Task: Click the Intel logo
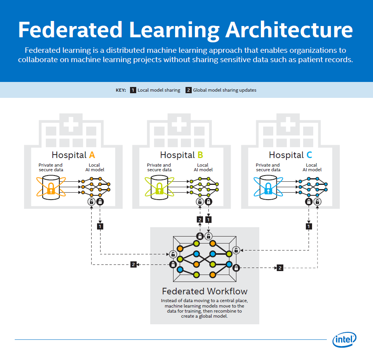pos(344,340)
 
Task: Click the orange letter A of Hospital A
pos(92,155)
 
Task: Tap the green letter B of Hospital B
pos(200,155)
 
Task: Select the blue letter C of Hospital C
pos(309,155)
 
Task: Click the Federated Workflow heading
pos(205,291)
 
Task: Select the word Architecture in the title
pos(290,30)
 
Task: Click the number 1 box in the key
pos(133,90)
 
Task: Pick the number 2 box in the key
pos(188,90)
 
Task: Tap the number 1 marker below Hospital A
pos(100,226)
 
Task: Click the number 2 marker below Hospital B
pos(200,220)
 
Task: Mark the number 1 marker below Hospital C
pos(309,226)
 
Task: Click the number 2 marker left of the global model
pos(133,264)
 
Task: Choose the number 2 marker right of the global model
pos(279,268)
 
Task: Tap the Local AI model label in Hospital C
pos(311,167)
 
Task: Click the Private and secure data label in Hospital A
pos(50,167)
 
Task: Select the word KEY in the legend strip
pos(121,90)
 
